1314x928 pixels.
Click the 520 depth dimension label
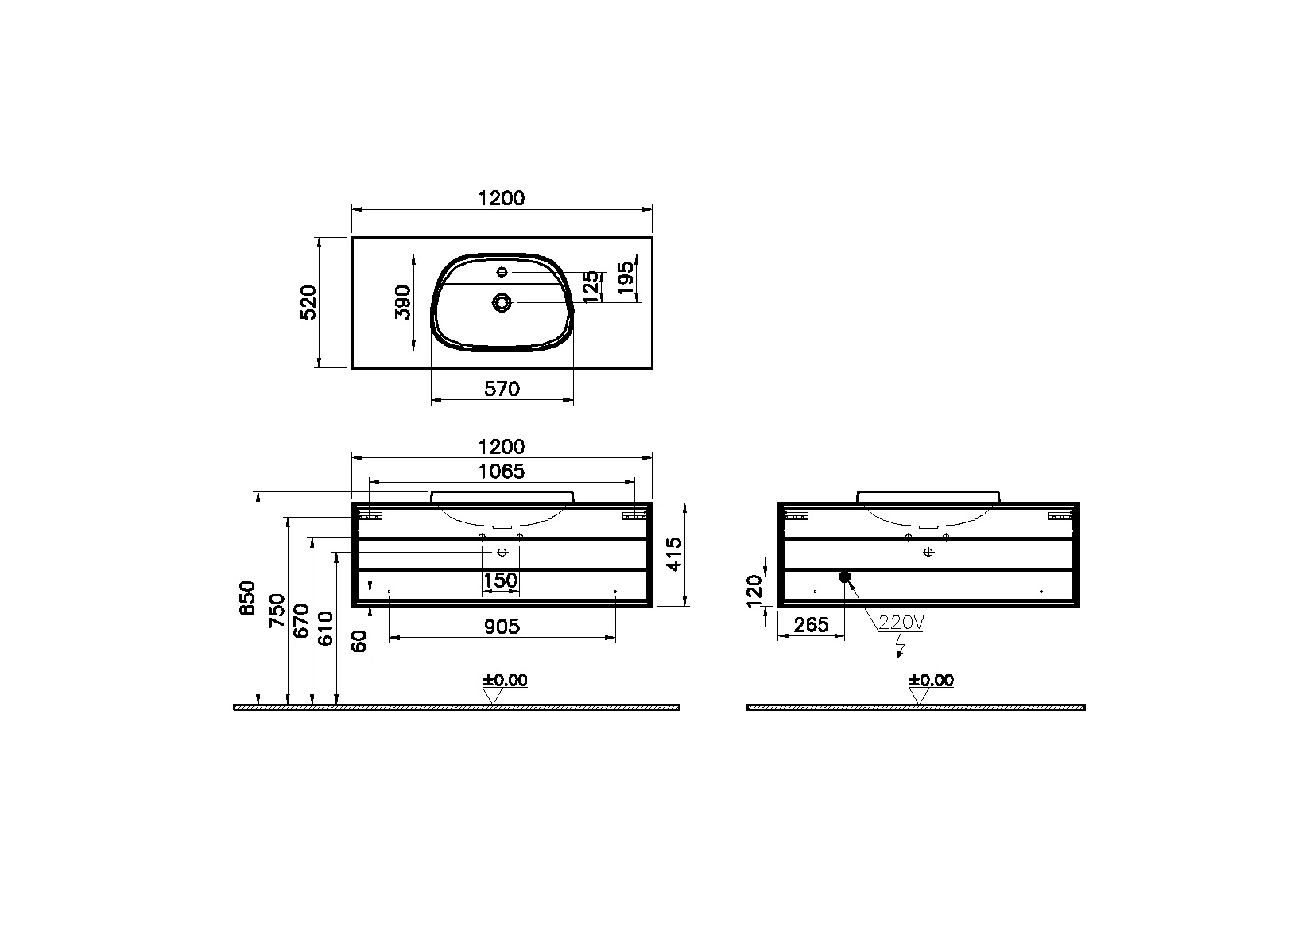pyautogui.click(x=308, y=302)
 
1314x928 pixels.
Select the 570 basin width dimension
pyautogui.click(x=502, y=389)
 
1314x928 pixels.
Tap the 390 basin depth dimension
pyautogui.click(x=403, y=302)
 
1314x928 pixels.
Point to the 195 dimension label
pyautogui.click(x=626, y=278)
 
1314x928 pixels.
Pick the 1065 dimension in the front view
pyautogui.click(x=502, y=471)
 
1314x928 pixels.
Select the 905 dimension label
pyautogui.click(x=502, y=627)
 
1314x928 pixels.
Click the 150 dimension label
pyautogui.click(x=500, y=580)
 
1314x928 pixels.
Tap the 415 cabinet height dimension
pyautogui.click(x=675, y=553)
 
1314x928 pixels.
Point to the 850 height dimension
pyautogui.click(x=248, y=598)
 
